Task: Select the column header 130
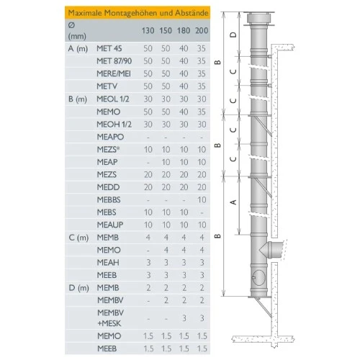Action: pos(148,30)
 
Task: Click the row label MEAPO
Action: pos(109,136)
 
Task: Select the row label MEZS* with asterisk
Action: pos(109,148)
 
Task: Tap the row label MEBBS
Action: pos(109,199)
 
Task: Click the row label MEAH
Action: pos(108,263)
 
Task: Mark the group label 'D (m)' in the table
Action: pos(78,287)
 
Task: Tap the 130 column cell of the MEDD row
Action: pos(148,186)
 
